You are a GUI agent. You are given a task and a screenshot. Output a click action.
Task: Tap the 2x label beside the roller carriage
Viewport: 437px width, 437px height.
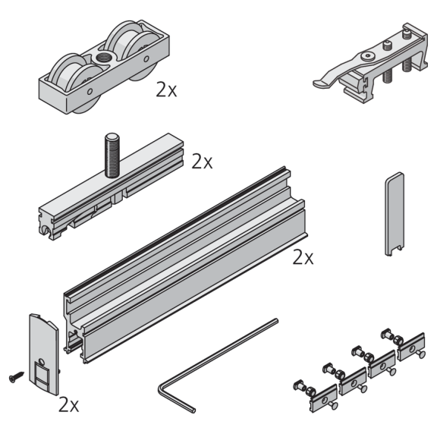click(x=166, y=90)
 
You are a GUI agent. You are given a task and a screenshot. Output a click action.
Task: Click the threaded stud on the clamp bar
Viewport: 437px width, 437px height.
click(x=112, y=155)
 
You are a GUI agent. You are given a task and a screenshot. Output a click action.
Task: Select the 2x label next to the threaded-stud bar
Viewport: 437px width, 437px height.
click(x=202, y=162)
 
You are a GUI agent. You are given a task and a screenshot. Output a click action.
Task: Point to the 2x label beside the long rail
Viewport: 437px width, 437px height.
click(x=303, y=257)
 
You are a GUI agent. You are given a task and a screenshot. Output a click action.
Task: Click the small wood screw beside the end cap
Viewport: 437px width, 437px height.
click(x=16, y=376)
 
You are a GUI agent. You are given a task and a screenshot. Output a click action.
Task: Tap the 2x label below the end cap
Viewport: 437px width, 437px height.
click(x=69, y=405)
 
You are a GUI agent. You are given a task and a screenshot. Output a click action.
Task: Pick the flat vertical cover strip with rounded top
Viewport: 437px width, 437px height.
click(x=395, y=214)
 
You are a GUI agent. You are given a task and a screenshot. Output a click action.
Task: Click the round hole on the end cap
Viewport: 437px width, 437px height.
click(x=41, y=362)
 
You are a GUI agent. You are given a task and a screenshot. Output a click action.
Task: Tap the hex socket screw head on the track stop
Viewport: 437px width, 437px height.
click(x=366, y=56)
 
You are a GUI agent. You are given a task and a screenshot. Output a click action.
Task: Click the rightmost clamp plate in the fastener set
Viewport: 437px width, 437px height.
click(x=411, y=347)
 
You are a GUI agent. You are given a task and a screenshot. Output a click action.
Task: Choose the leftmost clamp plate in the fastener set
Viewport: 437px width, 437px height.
click(x=324, y=398)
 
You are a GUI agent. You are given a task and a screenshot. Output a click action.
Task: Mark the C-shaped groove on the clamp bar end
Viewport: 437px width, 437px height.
click(x=45, y=230)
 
